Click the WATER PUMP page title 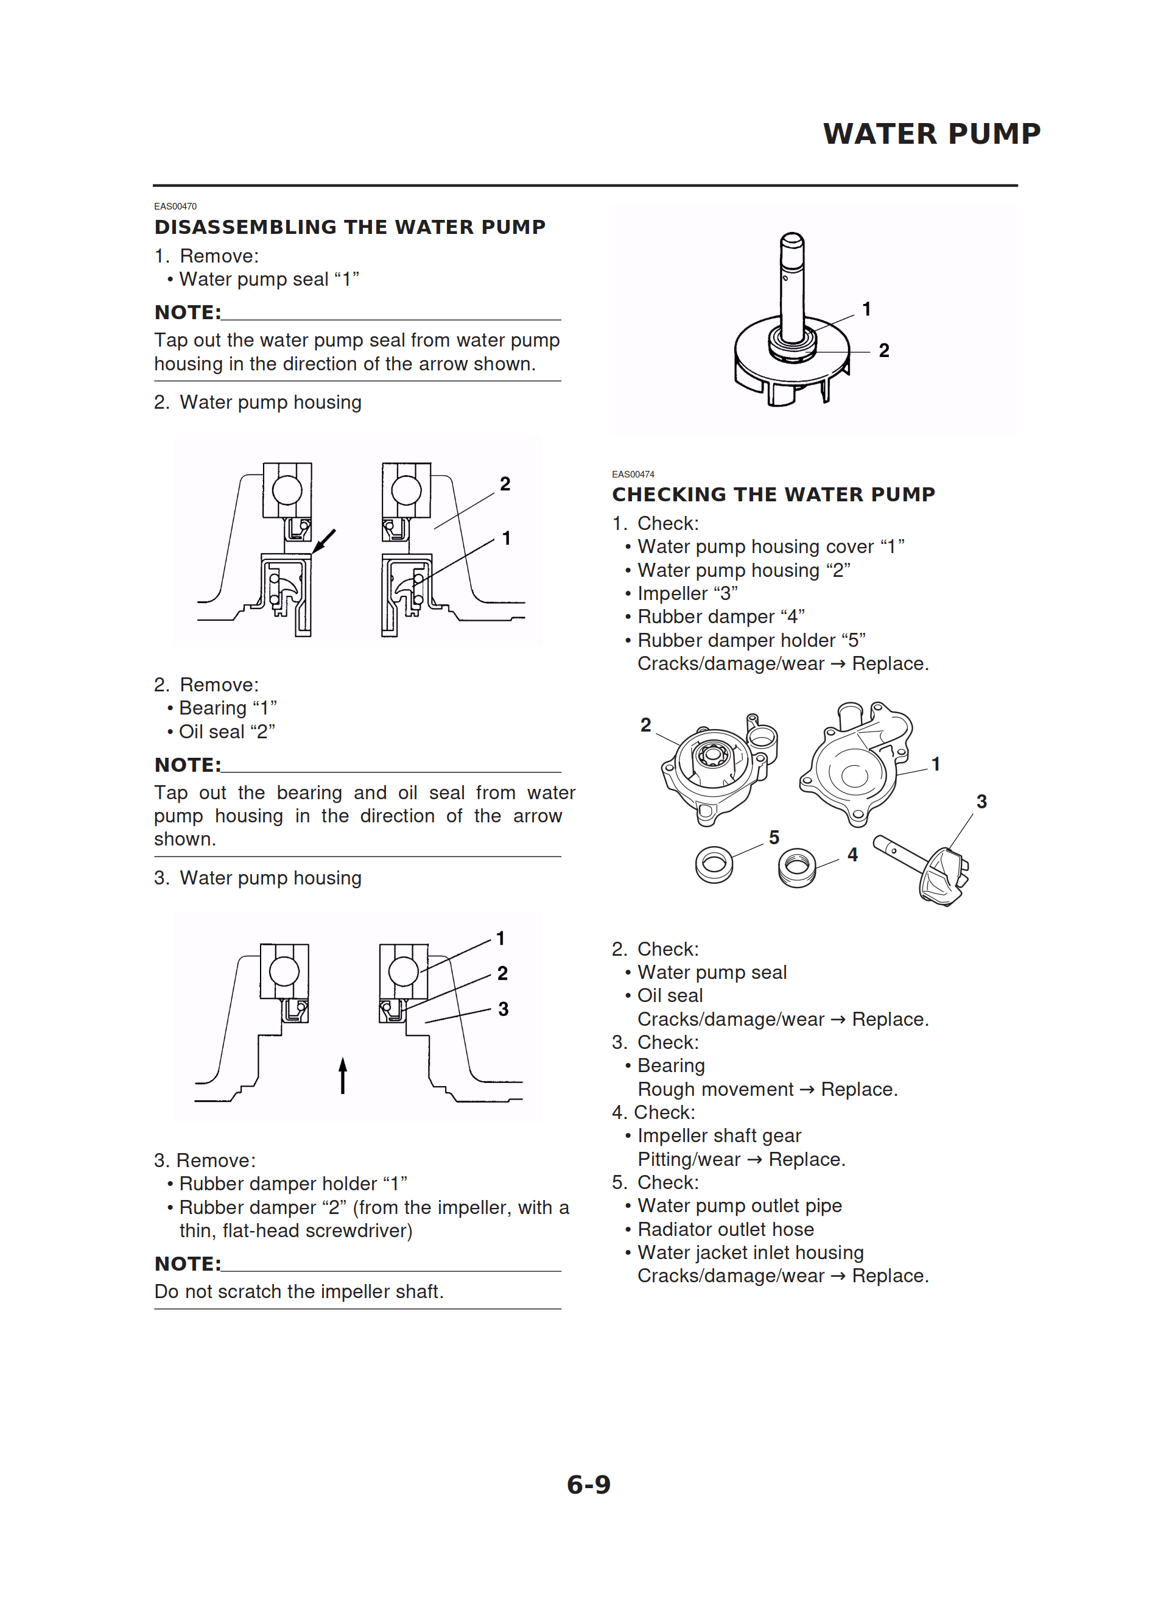tap(932, 133)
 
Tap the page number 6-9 tap(588, 1484)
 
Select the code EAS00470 tap(175, 206)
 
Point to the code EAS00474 tap(633, 475)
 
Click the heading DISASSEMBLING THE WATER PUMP tap(350, 227)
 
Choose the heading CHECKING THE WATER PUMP tap(773, 494)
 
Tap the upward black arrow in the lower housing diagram tap(343, 1075)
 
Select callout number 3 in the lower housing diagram tap(504, 1009)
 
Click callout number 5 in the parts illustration tap(774, 838)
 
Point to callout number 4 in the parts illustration tap(852, 855)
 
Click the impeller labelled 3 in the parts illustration tap(940, 875)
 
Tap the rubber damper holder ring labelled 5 tap(714, 864)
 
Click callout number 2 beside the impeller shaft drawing tap(884, 351)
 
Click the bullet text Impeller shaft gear tap(719, 1136)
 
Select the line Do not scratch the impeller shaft tap(299, 1291)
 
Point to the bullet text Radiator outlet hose tap(725, 1229)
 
